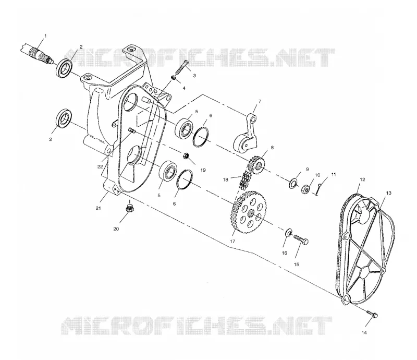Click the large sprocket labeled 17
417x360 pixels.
[249, 212]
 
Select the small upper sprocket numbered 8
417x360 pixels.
[256, 165]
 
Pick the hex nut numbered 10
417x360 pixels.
[305, 189]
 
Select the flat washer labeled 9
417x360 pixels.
[293, 183]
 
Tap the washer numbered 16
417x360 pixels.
[289, 233]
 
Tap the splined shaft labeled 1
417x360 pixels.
[36, 55]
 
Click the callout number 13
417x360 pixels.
[389, 193]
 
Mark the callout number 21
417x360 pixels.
[99, 208]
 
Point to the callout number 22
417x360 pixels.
[100, 166]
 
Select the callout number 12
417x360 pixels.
[362, 179]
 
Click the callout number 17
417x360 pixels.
[232, 242]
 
